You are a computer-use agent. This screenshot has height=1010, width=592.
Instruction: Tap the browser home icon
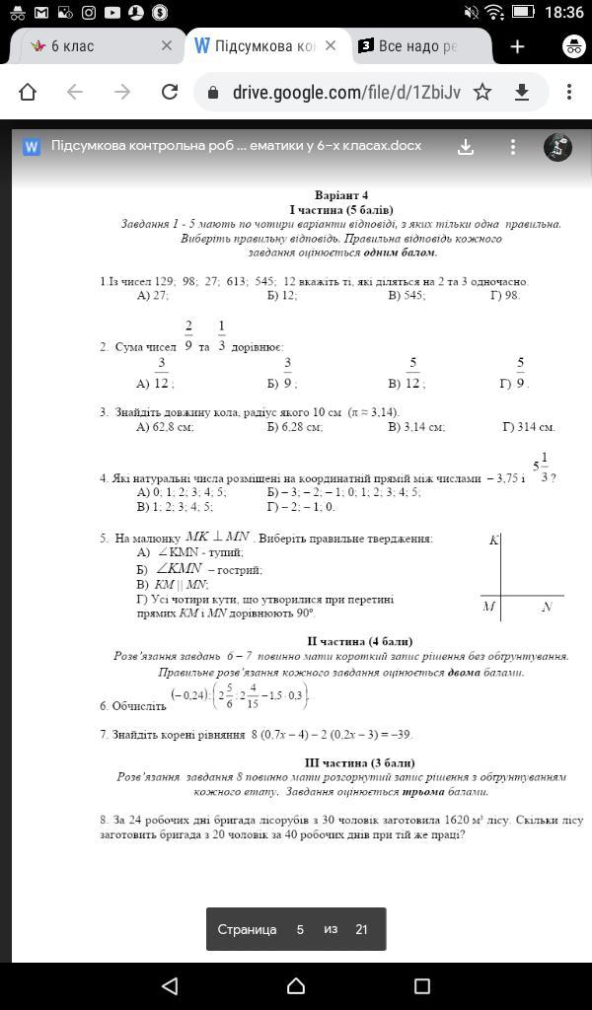click(x=28, y=92)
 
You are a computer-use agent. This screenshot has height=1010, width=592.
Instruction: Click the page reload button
click(x=170, y=92)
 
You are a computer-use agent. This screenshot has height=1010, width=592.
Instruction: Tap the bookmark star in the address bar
click(x=482, y=92)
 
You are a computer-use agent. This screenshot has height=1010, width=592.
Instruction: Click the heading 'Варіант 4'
click(x=340, y=195)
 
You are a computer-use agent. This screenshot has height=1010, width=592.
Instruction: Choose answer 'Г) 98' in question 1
click(x=504, y=295)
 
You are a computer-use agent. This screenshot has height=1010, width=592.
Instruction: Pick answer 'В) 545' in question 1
click(x=407, y=295)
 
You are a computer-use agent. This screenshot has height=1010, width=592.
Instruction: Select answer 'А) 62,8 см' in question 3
click(x=165, y=427)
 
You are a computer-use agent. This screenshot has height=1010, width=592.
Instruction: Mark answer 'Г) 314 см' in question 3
click(x=529, y=427)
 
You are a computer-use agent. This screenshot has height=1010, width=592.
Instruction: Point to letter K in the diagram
click(x=493, y=541)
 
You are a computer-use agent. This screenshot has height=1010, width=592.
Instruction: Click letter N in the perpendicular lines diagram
click(x=547, y=607)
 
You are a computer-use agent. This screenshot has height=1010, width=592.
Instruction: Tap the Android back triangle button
click(x=170, y=985)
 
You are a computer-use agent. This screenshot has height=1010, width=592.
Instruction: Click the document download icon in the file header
click(x=466, y=146)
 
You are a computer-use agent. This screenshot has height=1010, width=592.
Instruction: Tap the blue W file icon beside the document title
click(x=32, y=146)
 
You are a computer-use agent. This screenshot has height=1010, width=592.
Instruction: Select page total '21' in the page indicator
click(x=361, y=929)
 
